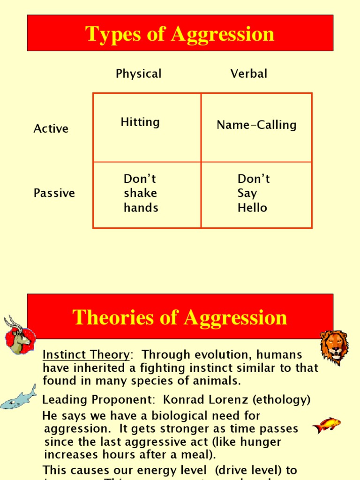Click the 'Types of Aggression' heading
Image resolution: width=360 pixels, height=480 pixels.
[x=180, y=34]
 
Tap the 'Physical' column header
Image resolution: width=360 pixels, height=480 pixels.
[x=138, y=74]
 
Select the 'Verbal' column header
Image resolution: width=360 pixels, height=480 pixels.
[x=249, y=74]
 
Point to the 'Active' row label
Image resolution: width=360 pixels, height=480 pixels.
[x=51, y=129]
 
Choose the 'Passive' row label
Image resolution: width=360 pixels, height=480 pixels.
[x=54, y=193]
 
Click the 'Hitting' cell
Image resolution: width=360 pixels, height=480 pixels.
[x=140, y=122]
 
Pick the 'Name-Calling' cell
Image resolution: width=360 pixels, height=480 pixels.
[x=256, y=125]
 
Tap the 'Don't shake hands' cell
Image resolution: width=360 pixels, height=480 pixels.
[x=141, y=193]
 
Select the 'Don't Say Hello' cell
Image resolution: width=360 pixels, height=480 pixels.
[x=253, y=193]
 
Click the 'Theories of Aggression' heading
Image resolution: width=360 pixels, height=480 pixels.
[x=180, y=317]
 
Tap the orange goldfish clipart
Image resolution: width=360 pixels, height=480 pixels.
[x=326, y=425]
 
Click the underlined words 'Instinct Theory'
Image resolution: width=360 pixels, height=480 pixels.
[x=86, y=355]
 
